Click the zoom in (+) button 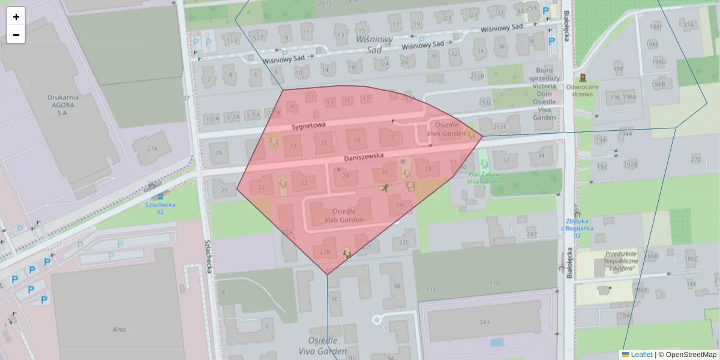[16, 17]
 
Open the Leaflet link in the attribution [641, 355]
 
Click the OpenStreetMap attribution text [690, 355]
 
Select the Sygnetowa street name [308, 126]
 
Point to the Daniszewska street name [364, 157]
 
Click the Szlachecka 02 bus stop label [160, 208]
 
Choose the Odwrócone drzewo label [583, 90]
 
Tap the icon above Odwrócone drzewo [583, 77]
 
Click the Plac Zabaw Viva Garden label [484, 177]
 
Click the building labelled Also [119, 329]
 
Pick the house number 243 [484, 322]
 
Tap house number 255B [477, 76]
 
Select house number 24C [401, 205]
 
